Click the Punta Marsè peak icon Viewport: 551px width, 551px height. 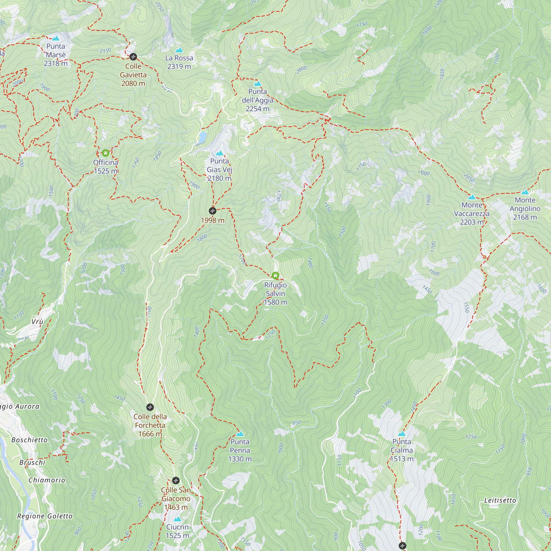pos(56,38)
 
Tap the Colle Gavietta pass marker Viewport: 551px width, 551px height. pos(133,56)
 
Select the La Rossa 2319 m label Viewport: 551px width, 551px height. pos(179,62)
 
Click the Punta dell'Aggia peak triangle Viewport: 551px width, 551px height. pos(258,83)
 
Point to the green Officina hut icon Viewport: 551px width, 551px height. pos(106,153)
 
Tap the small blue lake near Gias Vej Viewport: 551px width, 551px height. pos(202,137)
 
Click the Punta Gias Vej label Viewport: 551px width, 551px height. pos(219,169)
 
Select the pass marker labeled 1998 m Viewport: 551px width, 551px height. pos(212,211)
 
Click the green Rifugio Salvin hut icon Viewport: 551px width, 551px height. pos(275,275)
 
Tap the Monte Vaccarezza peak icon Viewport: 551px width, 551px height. pos(472,197)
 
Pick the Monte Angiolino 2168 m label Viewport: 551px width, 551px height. pos(525,209)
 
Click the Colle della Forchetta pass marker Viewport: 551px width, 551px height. pos(150,407)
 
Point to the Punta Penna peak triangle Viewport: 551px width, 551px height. pos(240,434)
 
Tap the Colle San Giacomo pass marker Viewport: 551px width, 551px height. pos(176,480)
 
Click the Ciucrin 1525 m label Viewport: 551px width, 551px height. pos(177,531)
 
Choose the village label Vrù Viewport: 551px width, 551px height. pos(37,322)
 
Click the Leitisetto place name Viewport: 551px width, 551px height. pos(500,500)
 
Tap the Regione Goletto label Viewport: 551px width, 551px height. pos(45,516)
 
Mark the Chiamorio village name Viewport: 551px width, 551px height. pos(47,480)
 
